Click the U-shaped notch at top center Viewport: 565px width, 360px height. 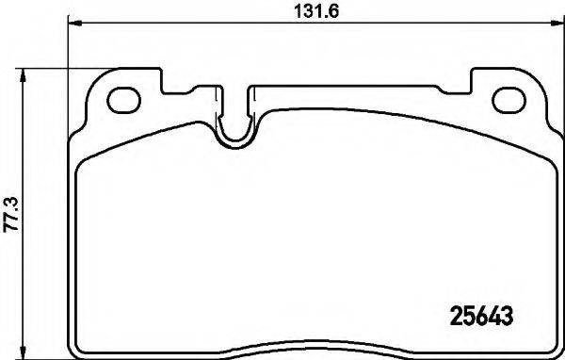pos(235,132)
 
